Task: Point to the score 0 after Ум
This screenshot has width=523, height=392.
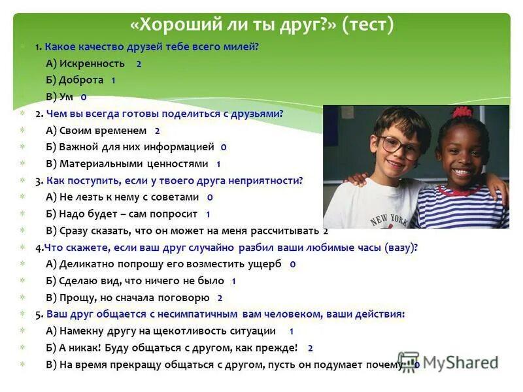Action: pos(83,97)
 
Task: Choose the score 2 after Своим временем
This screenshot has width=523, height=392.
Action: pos(157,131)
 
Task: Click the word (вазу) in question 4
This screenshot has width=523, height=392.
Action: pos(398,248)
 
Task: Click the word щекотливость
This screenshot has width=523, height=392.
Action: pos(188,331)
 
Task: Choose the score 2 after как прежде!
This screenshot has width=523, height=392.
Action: pos(310,348)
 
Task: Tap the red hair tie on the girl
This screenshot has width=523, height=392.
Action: pos(462,112)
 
